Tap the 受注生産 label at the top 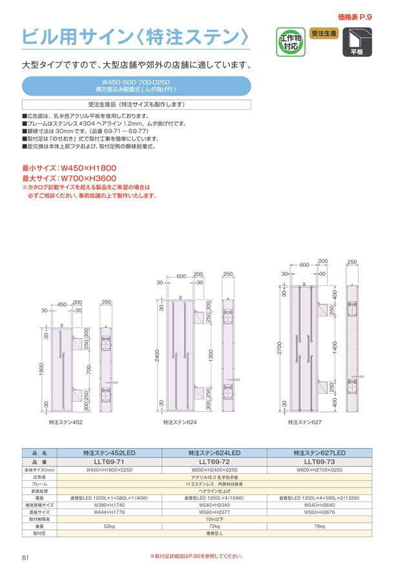click(x=324, y=33)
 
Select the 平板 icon click(x=357, y=42)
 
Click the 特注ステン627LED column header click(x=320, y=453)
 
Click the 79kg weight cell click(x=320, y=527)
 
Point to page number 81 click(x=26, y=558)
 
